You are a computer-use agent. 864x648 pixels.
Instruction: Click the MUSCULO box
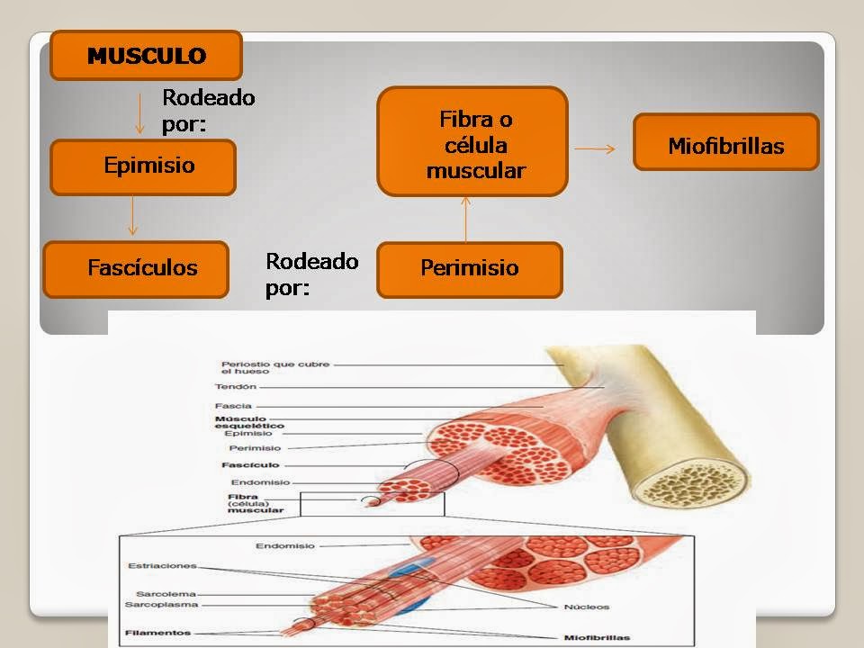point(146,56)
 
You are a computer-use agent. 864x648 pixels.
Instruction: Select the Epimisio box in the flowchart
point(143,166)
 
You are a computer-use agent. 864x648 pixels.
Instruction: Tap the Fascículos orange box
point(136,268)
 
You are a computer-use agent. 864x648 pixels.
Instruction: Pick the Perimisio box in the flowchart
point(469,269)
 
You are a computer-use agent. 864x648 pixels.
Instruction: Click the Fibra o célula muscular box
point(472,142)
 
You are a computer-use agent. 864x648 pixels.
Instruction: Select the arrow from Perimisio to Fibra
point(465,220)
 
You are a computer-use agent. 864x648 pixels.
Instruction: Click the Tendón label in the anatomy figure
point(236,387)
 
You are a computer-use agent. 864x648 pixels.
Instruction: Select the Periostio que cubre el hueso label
point(262,368)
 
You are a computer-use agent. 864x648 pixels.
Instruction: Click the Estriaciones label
point(162,566)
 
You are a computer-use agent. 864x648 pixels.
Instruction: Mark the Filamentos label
point(157,633)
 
